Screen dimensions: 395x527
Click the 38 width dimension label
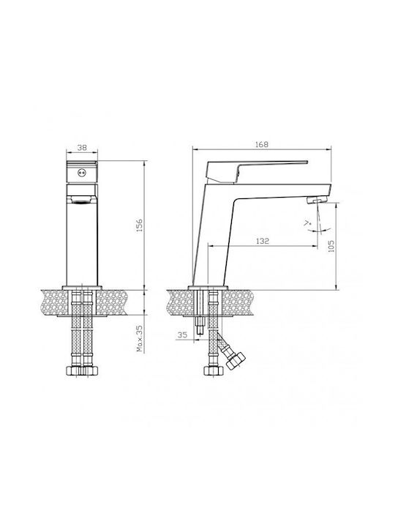point(82,147)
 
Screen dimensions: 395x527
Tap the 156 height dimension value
point(140,225)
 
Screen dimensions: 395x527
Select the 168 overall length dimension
point(262,144)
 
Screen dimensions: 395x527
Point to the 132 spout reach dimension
point(263,241)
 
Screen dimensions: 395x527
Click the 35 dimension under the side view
point(182,334)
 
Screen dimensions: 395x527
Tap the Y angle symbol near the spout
point(307,223)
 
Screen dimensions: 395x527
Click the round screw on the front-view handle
point(82,173)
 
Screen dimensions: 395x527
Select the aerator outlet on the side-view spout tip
point(317,201)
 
